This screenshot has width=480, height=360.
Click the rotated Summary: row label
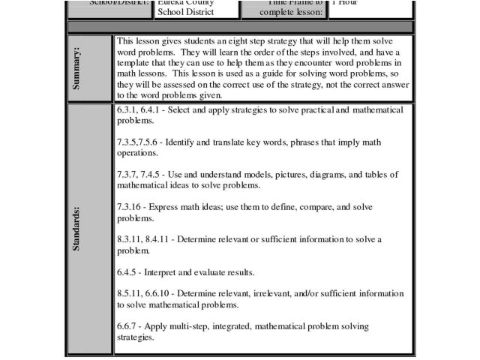click(78, 68)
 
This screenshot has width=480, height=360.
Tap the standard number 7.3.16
click(131, 206)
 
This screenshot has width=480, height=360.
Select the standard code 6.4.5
click(128, 271)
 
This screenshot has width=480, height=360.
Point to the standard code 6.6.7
click(128, 326)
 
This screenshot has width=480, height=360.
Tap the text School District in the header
click(186, 12)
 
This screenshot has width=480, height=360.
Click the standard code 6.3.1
click(128, 109)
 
